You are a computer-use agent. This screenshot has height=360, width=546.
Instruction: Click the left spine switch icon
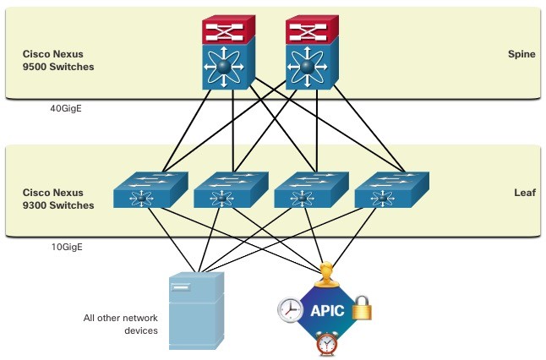[229, 52]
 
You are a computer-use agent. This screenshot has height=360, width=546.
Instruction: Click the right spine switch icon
[312, 52]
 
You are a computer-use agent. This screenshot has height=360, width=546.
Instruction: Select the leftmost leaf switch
[150, 190]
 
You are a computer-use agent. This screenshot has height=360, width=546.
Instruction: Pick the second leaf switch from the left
[231, 190]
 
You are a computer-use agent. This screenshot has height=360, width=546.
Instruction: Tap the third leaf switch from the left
[311, 190]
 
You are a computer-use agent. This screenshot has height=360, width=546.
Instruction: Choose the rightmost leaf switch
[391, 190]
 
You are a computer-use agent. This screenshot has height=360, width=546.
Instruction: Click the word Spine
[521, 54]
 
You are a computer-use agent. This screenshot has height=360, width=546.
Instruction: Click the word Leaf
[525, 193]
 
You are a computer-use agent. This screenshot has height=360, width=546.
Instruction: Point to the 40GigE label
[66, 109]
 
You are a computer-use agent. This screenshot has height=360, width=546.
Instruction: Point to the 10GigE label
[67, 247]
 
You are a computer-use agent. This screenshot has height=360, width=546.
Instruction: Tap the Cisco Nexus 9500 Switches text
[58, 60]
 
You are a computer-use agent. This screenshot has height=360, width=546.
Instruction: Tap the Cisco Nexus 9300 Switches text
[58, 199]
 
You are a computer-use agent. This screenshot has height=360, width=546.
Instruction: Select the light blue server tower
[196, 311]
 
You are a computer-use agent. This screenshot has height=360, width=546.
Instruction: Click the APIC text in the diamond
[327, 310]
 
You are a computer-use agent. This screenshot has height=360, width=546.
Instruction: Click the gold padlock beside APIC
[362, 308]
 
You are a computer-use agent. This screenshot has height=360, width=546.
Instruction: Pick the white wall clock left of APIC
[290, 310]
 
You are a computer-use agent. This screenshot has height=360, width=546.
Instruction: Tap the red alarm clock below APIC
[326, 343]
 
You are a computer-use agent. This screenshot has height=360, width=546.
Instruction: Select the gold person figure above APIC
[326, 275]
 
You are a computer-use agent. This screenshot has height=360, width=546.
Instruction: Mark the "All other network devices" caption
[121, 325]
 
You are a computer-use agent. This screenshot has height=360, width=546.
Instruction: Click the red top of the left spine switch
[229, 30]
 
